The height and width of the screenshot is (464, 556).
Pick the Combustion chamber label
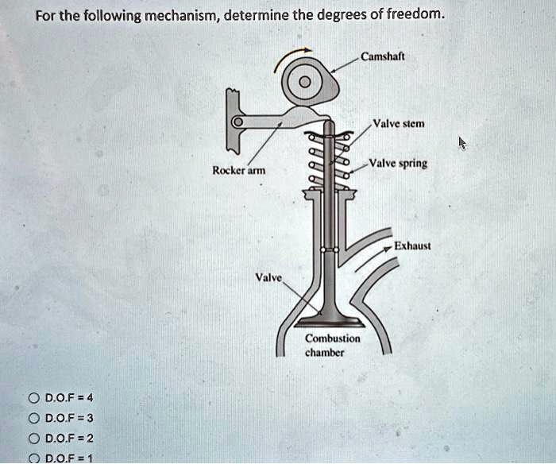tap(333, 345)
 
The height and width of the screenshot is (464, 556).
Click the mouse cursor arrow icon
tap(463, 143)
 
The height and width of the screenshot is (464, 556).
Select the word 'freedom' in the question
tap(408, 14)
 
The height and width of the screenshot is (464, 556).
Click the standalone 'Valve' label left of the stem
tap(267, 277)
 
